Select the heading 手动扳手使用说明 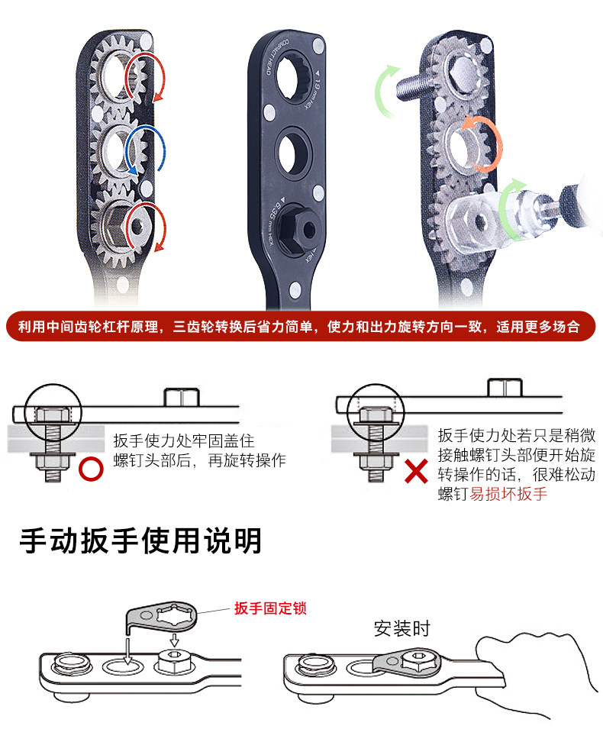tap(140, 540)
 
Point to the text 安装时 tap(402, 629)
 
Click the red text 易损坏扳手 tap(508, 494)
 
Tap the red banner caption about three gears tap(301, 327)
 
